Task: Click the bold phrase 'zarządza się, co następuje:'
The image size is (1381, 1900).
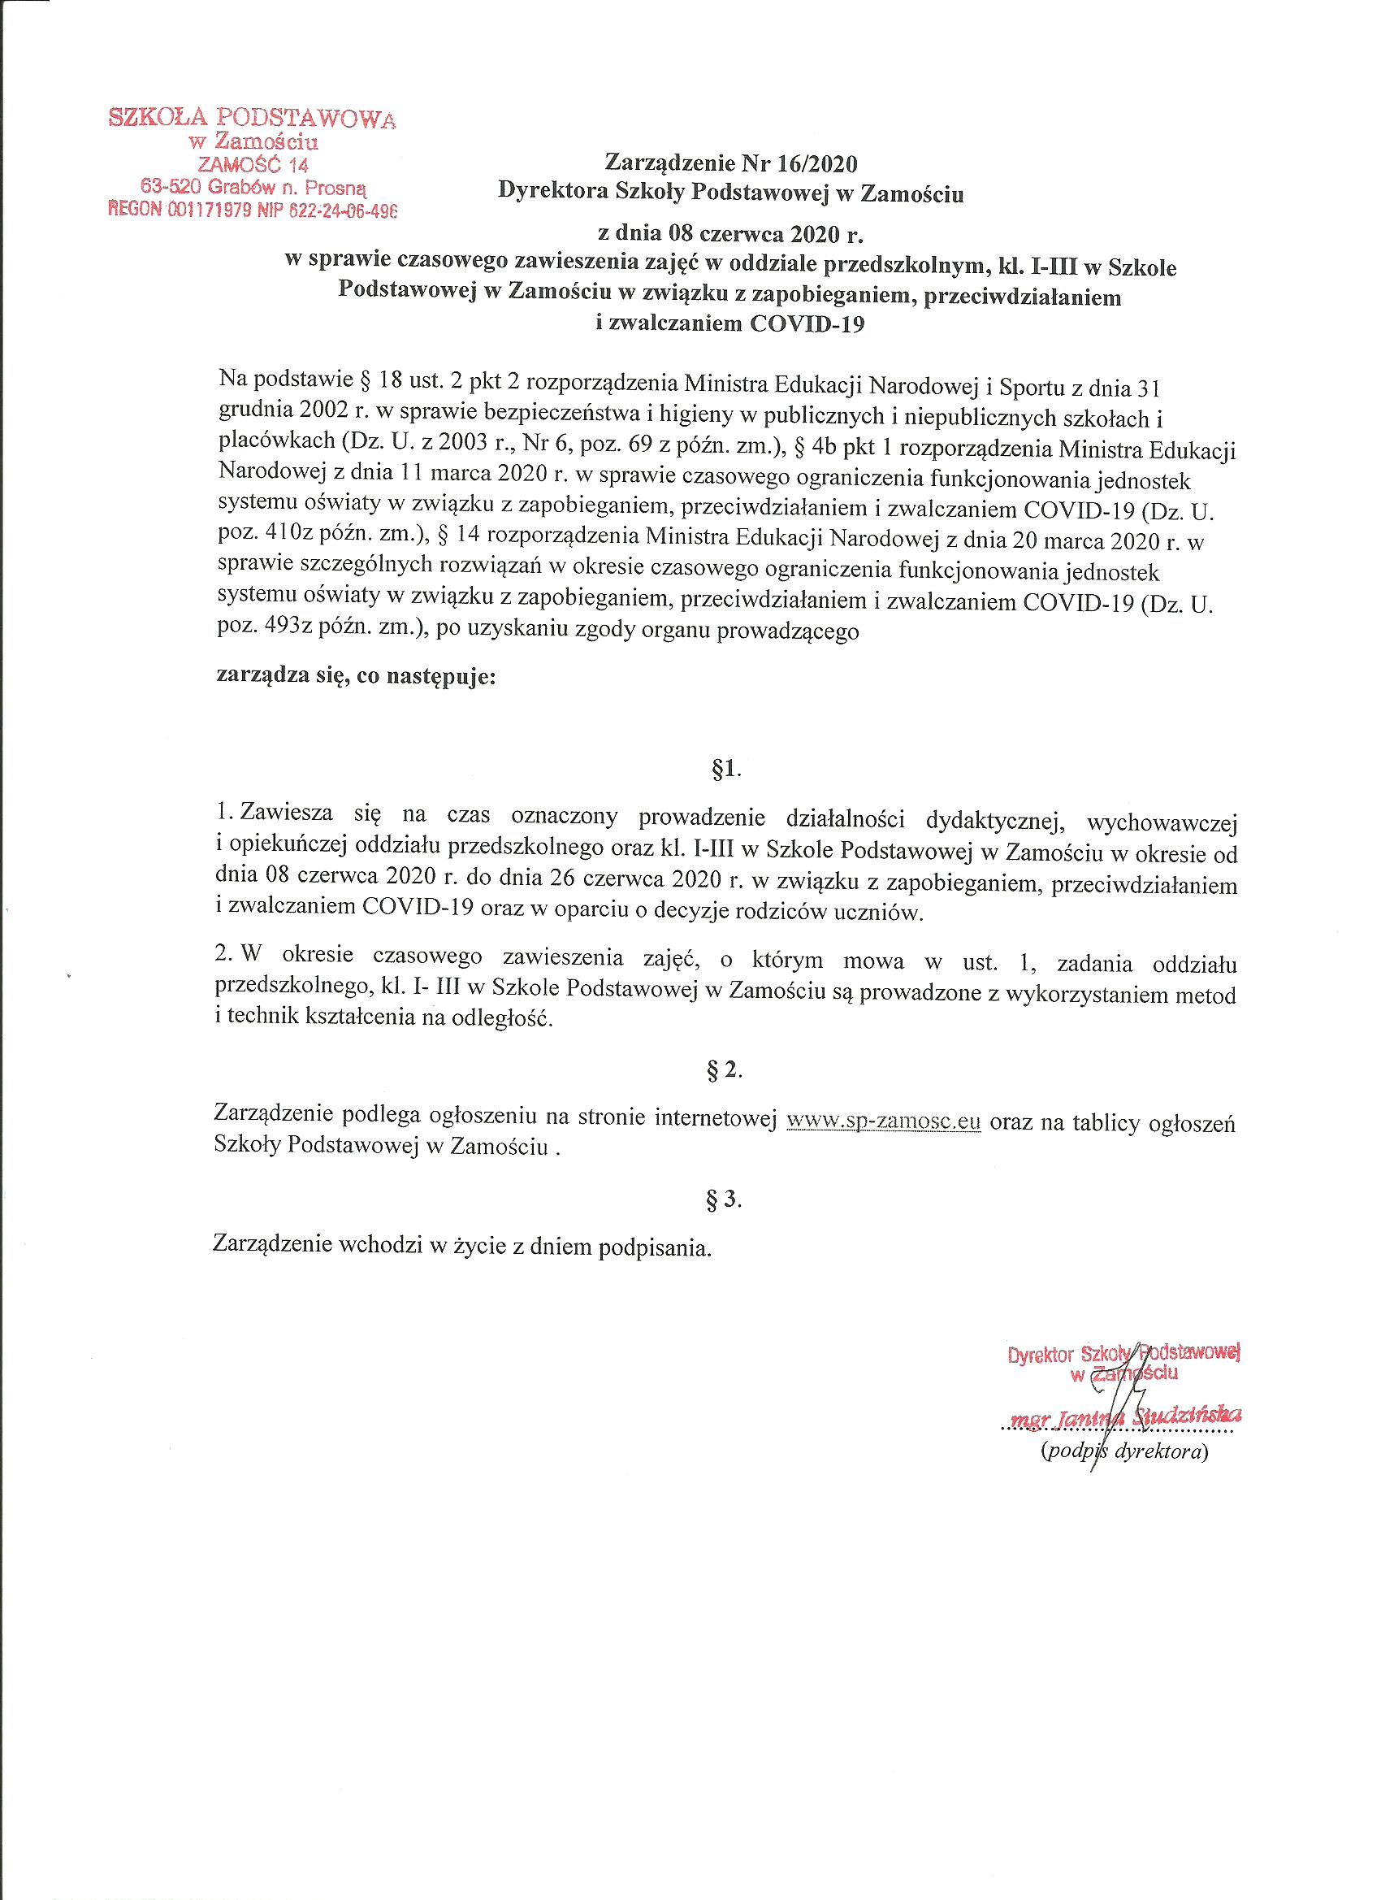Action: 357,677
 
